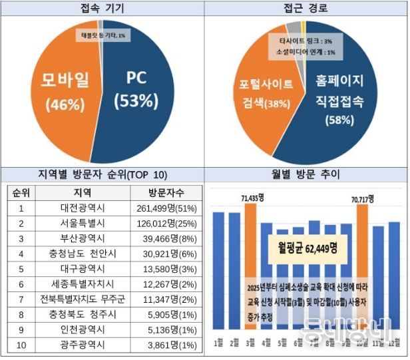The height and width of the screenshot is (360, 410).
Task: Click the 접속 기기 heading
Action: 102,9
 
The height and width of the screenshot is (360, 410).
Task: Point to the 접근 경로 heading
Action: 306,9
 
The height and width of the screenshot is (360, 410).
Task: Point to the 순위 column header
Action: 22,193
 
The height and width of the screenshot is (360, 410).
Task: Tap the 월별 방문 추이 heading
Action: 306,175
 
